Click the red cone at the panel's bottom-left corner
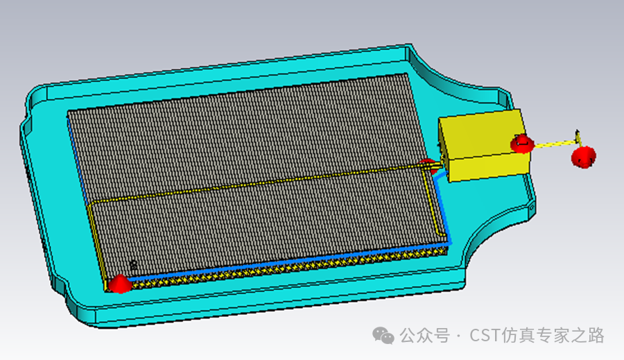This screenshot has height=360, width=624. pos(120,284)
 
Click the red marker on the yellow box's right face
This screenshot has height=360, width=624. pos(521,144)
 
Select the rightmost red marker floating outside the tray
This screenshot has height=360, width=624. pos(583,157)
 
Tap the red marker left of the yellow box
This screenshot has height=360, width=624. pos(428,165)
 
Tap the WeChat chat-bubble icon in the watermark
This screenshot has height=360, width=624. pos(383,335)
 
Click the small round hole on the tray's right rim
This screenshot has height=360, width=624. pos(532,205)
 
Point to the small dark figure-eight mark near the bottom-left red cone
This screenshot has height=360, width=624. pos(133,264)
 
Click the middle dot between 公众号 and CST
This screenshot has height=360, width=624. pos(458,336)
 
